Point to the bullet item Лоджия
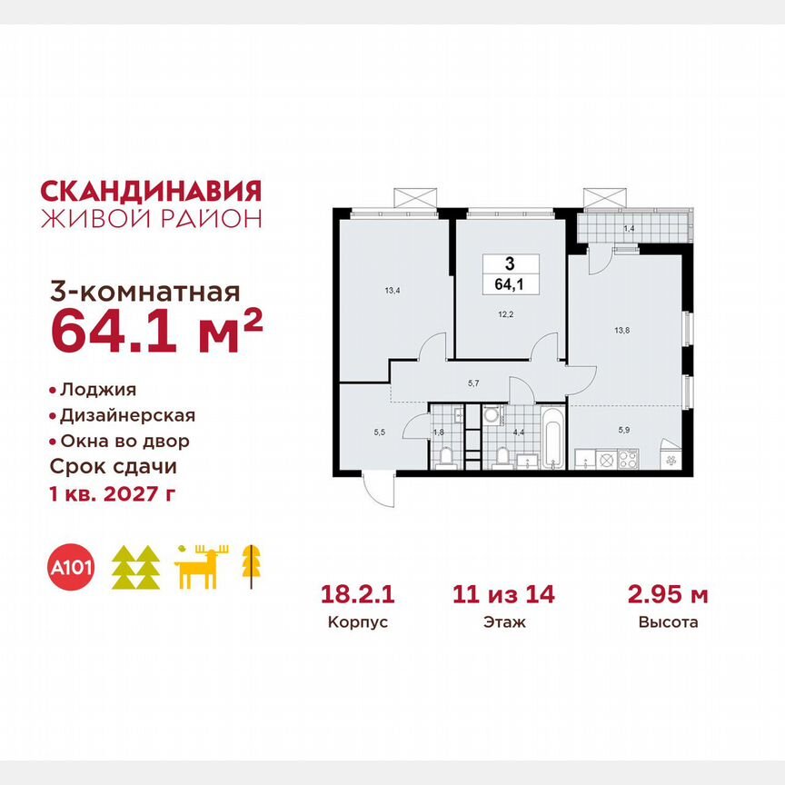point(97,390)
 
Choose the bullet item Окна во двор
point(124,441)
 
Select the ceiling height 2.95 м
point(668,595)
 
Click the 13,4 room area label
point(392,292)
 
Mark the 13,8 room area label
point(623,321)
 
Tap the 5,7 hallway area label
point(473,383)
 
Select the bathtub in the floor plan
point(552,440)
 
